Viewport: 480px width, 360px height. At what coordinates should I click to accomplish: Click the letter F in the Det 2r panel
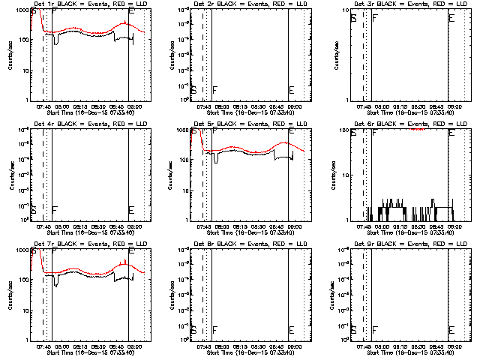[x=215, y=90]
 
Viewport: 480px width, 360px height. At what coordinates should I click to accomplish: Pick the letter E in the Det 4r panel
[x=131, y=209]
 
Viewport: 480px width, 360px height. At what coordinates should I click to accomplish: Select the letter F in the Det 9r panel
[x=375, y=329]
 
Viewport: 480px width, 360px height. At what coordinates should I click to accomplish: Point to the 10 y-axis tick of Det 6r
[x=346, y=174]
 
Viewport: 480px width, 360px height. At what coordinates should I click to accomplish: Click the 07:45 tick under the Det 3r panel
[x=365, y=107]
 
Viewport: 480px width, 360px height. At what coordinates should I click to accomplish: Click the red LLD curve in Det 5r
[x=247, y=148]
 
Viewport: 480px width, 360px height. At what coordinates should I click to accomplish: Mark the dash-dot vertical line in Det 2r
[x=203, y=52]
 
